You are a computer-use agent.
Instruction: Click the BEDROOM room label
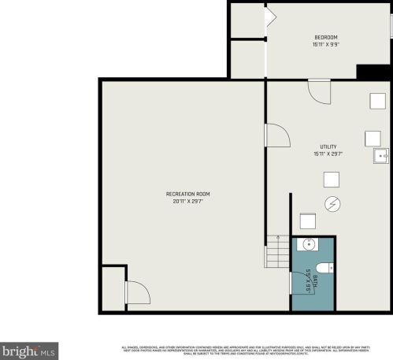326,37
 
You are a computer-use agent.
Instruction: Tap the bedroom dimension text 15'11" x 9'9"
326,45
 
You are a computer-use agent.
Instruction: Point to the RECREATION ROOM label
187,194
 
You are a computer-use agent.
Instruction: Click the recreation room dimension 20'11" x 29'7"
187,202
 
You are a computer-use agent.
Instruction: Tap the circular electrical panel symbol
333,204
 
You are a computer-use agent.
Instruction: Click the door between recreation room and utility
276,135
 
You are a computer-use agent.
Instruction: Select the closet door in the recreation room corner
137,293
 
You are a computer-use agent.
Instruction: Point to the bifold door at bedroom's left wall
270,18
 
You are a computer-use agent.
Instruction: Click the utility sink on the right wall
381,155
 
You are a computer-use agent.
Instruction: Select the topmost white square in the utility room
376,101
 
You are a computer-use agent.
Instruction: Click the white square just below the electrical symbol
308,221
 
